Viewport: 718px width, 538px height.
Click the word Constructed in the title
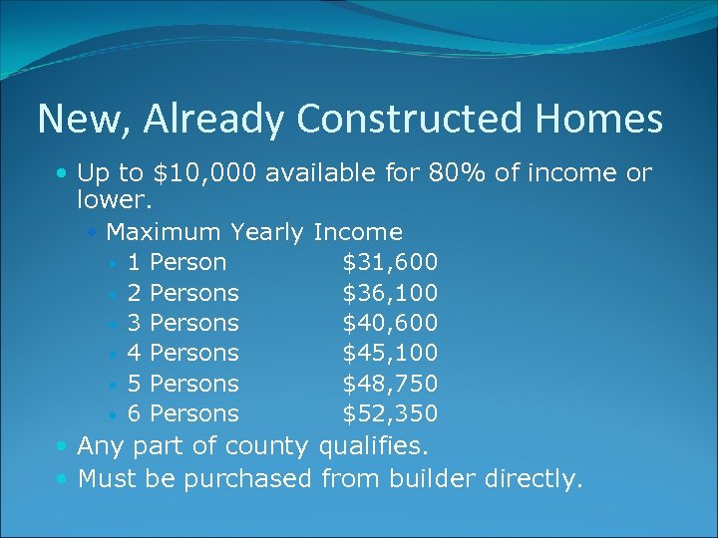click(410, 120)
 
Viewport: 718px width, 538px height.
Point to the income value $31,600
click(390, 263)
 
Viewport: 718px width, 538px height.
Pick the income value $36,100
click(390, 293)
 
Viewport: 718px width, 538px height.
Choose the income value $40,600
click(390, 323)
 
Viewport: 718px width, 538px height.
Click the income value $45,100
click(390, 353)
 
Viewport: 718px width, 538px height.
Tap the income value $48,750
click(390, 384)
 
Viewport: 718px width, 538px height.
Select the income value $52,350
click(390, 413)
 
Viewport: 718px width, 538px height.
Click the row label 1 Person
click(177, 263)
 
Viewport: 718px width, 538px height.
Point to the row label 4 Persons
click(183, 353)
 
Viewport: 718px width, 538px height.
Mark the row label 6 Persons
click(183, 413)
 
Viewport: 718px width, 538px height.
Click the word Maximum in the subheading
click(164, 233)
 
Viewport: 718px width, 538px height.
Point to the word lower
click(112, 200)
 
